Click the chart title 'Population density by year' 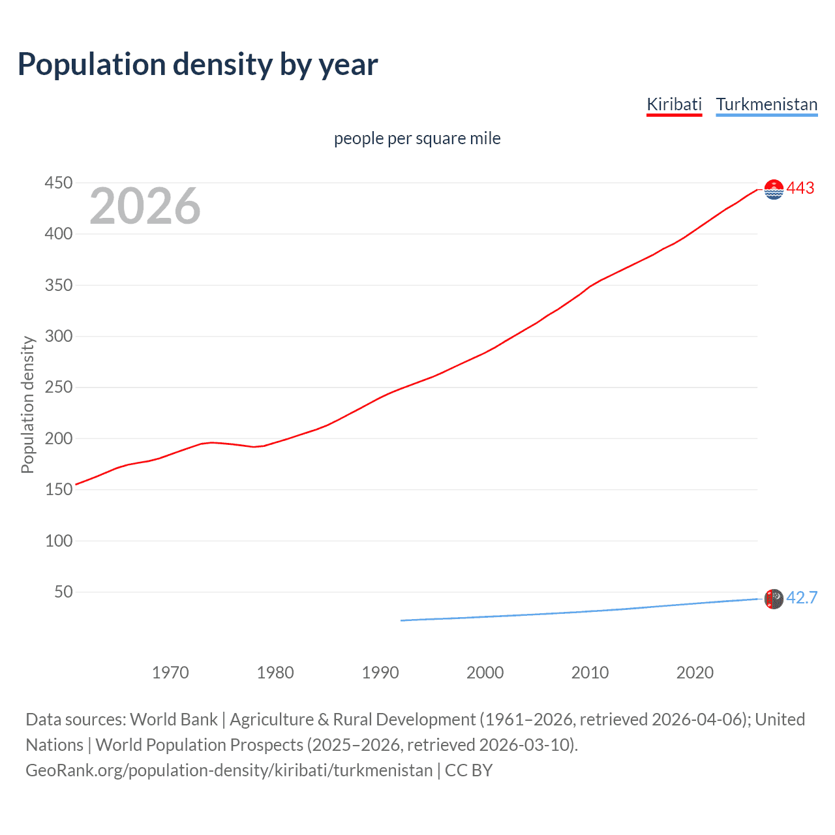(198, 65)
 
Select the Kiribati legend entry (674, 104)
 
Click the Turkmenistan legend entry (767, 104)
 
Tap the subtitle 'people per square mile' (417, 139)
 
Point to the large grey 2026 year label (145, 206)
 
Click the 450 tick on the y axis (59, 183)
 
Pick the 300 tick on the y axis (59, 337)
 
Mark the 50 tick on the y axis (63, 592)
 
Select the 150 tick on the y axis (59, 489)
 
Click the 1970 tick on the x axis (170, 673)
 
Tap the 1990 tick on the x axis (380, 673)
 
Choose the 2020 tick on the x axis (695, 673)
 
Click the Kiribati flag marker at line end (774, 189)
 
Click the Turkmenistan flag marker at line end (774, 599)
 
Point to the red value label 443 (800, 189)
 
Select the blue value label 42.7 (802, 598)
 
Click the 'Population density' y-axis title (27, 404)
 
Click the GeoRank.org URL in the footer (229, 770)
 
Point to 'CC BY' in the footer (468, 770)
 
